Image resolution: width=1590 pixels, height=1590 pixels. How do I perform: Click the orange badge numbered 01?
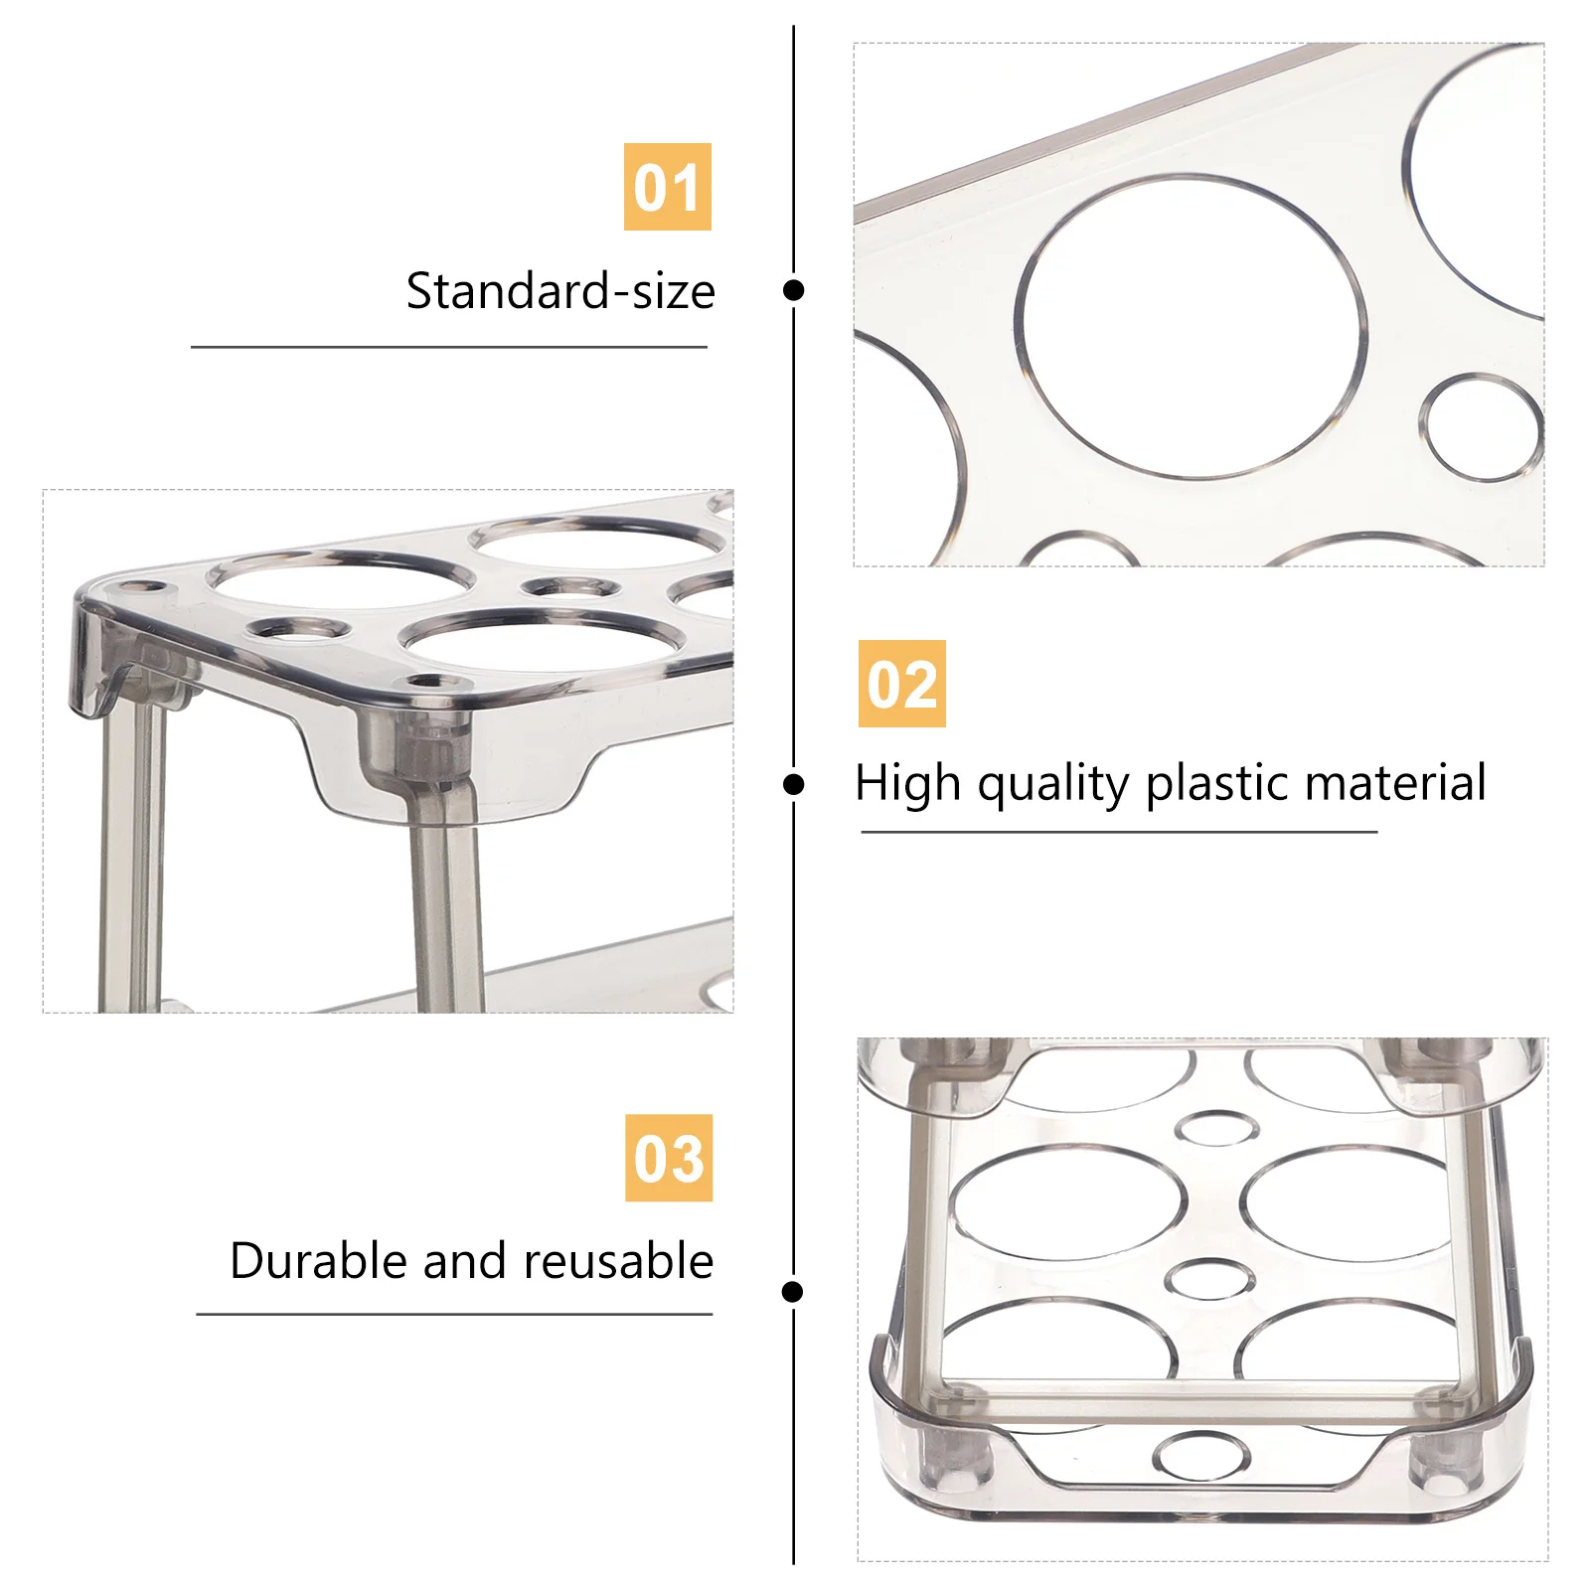tap(667, 187)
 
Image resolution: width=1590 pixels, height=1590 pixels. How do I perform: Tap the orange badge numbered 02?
tap(901, 684)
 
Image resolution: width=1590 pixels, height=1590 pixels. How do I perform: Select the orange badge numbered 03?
tap(669, 1158)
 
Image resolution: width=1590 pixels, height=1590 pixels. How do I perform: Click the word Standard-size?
tap(560, 291)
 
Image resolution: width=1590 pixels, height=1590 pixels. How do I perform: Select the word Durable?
tap(319, 1261)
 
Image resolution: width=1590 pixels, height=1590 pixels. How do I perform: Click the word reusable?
tap(618, 1261)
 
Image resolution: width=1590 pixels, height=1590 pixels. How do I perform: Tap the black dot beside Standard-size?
tap(793, 290)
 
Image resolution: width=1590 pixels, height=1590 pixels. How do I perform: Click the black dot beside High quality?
tap(793, 785)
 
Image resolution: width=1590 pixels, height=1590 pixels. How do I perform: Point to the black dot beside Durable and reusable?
tap(792, 1292)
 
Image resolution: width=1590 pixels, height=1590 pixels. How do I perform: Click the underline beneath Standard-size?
tap(448, 347)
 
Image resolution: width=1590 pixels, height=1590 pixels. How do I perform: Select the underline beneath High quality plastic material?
tap(1119, 832)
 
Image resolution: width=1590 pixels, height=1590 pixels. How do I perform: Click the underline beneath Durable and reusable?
tap(454, 1314)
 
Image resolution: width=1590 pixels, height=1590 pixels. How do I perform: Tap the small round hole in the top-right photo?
tap(1481, 427)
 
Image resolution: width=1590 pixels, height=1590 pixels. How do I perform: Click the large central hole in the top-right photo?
tap(1191, 326)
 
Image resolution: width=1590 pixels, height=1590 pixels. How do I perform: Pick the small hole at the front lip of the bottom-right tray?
tap(1201, 1456)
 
